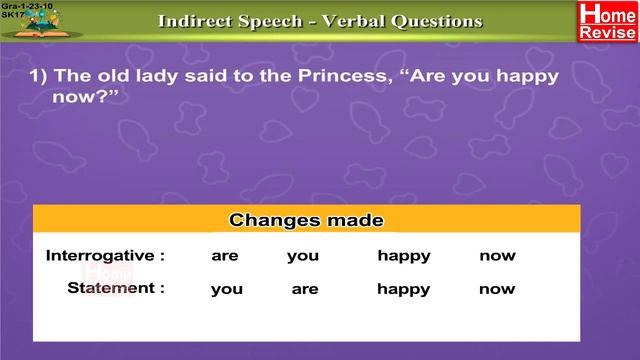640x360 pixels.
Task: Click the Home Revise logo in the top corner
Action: [607, 22]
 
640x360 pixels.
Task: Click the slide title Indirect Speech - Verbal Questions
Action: [320, 21]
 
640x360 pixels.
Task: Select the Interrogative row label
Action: [105, 256]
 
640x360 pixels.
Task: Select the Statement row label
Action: [116, 288]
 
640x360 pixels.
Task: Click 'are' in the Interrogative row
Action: [225, 256]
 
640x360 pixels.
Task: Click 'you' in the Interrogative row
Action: [303, 256]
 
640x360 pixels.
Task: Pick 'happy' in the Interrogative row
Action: [404, 256]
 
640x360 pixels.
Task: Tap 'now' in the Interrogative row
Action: [497, 256]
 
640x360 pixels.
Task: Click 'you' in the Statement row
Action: [227, 289]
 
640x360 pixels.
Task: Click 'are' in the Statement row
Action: [305, 289]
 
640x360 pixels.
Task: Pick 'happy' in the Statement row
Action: [404, 289]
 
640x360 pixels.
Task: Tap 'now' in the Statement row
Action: [497, 289]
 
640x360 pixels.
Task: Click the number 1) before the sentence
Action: [37, 77]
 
